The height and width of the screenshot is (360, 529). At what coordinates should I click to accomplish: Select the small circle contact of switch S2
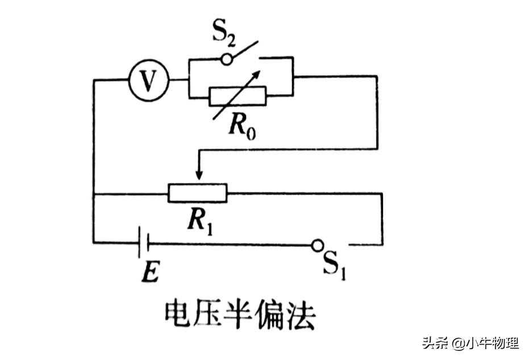[x=227, y=59]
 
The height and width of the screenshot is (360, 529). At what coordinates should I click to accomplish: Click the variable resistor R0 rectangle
[x=237, y=97]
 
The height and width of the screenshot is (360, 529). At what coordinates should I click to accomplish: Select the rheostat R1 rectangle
[x=197, y=193]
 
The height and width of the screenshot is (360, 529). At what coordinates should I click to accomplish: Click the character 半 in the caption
[x=239, y=316]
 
